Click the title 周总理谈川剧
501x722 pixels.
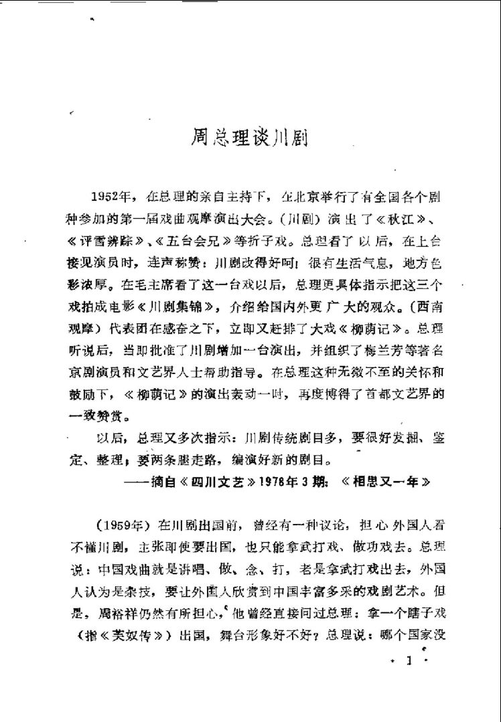click(250, 143)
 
